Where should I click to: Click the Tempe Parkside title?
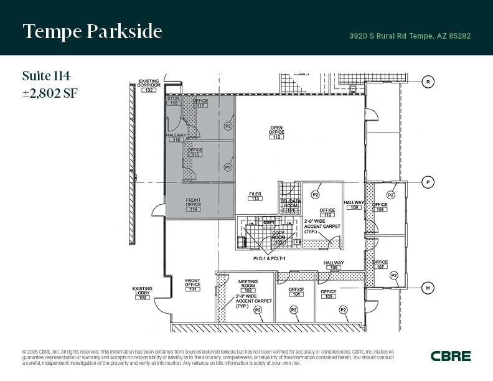click(x=92, y=32)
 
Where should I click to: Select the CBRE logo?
click(x=451, y=356)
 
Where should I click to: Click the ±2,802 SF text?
click(x=50, y=93)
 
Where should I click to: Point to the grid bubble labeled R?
click(x=428, y=82)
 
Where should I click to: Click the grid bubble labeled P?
click(x=428, y=182)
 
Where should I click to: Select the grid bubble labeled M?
click(x=428, y=288)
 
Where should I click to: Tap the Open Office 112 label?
click(x=277, y=133)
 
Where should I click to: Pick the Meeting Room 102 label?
click(x=248, y=286)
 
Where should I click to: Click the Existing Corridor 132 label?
click(x=149, y=86)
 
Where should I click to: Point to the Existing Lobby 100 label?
click(x=143, y=294)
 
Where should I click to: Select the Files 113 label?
click(x=255, y=196)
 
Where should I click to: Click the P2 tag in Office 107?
click(x=394, y=275)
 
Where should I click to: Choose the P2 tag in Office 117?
click(x=228, y=126)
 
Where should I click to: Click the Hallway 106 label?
click(x=334, y=266)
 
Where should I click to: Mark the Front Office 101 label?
click(x=193, y=285)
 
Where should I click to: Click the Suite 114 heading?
click(x=46, y=76)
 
